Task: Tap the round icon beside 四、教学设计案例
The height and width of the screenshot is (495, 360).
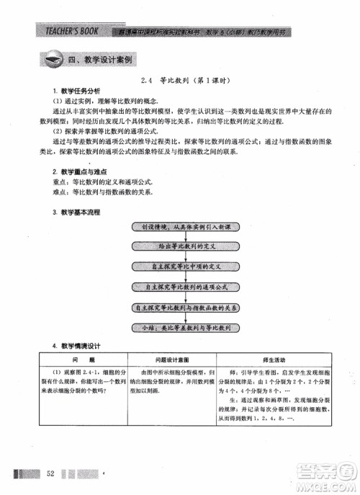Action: tap(51, 61)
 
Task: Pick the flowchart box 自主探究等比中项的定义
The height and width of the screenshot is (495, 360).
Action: tap(191, 267)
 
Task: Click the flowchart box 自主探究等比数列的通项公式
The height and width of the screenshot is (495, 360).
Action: tap(191, 287)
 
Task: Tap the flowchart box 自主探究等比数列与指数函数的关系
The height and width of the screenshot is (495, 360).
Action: tap(191, 308)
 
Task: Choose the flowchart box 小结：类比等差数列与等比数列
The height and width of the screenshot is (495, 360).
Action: tap(191, 328)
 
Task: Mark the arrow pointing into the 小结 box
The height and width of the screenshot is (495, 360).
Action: tap(191, 318)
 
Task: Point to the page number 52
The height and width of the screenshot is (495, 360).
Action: tap(50, 473)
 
